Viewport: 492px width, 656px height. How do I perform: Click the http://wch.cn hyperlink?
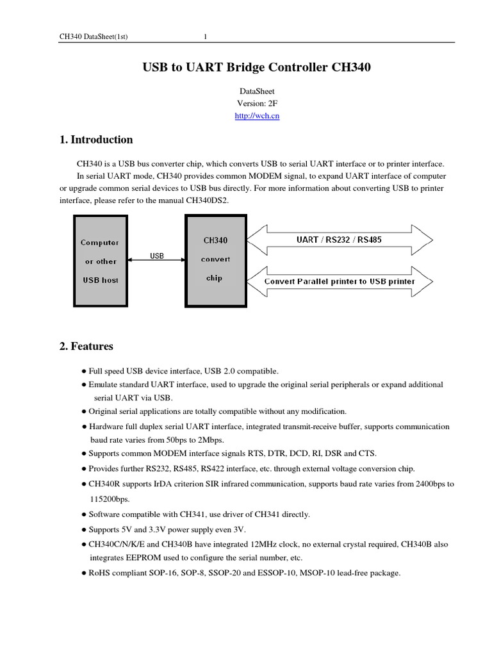(257, 116)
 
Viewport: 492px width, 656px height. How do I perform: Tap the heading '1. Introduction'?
(96, 140)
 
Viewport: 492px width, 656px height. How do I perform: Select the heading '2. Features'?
(86, 347)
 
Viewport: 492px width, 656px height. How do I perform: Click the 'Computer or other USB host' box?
(100, 260)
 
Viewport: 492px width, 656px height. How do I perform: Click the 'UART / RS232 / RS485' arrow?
(340, 240)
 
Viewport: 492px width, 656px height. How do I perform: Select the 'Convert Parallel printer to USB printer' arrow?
(340, 281)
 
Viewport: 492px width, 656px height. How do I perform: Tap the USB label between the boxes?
(157, 256)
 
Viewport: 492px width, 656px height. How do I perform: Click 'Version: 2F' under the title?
(257, 104)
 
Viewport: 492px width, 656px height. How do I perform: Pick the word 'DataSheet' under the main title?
(257, 92)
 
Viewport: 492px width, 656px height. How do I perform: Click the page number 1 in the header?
(205, 37)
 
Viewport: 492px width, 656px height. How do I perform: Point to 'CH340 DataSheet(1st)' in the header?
(94, 37)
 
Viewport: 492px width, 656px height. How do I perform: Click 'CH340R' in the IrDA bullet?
(103, 484)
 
